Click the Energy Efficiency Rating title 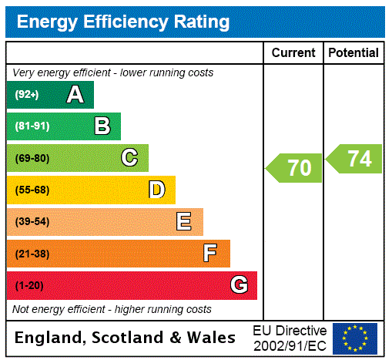click(123, 22)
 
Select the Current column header click(293, 53)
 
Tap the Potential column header click(353, 53)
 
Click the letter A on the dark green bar click(75, 95)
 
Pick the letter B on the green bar click(102, 126)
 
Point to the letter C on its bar click(129, 158)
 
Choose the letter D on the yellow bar click(156, 190)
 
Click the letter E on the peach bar click(184, 222)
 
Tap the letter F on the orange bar click(210, 254)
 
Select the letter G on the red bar click(239, 285)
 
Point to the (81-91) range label click(32, 126)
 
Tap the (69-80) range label click(32, 158)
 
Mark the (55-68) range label click(32, 190)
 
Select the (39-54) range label click(32, 222)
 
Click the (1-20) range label click(29, 285)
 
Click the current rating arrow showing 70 click(295, 167)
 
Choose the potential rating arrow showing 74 click(355, 159)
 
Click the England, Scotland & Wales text click(126, 338)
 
